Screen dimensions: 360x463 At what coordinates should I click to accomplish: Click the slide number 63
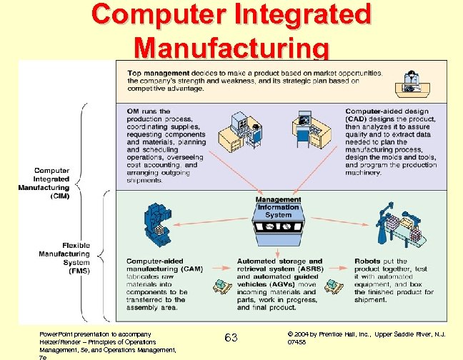click(231, 336)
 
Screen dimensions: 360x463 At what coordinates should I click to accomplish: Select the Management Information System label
click(278, 207)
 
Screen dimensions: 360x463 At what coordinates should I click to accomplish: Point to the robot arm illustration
click(397, 226)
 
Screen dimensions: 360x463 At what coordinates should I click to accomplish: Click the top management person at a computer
click(410, 82)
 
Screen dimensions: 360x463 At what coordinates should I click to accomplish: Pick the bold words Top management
click(158, 74)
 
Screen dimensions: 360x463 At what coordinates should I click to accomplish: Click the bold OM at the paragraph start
click(133, 111)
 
